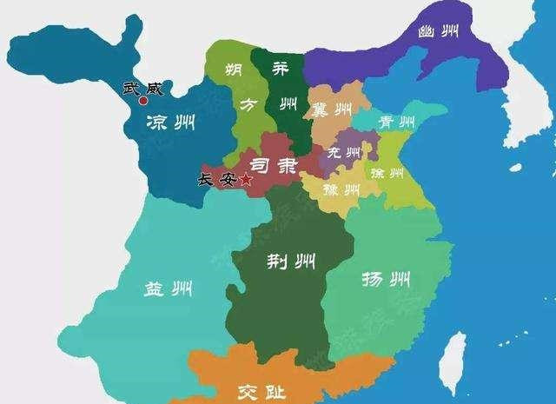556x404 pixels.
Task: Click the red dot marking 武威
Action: (x=143, y=101)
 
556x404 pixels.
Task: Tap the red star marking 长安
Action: (x=246, y=180)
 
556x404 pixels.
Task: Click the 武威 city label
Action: (x=142, y=87)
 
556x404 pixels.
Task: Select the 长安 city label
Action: (x=218, y=180)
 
